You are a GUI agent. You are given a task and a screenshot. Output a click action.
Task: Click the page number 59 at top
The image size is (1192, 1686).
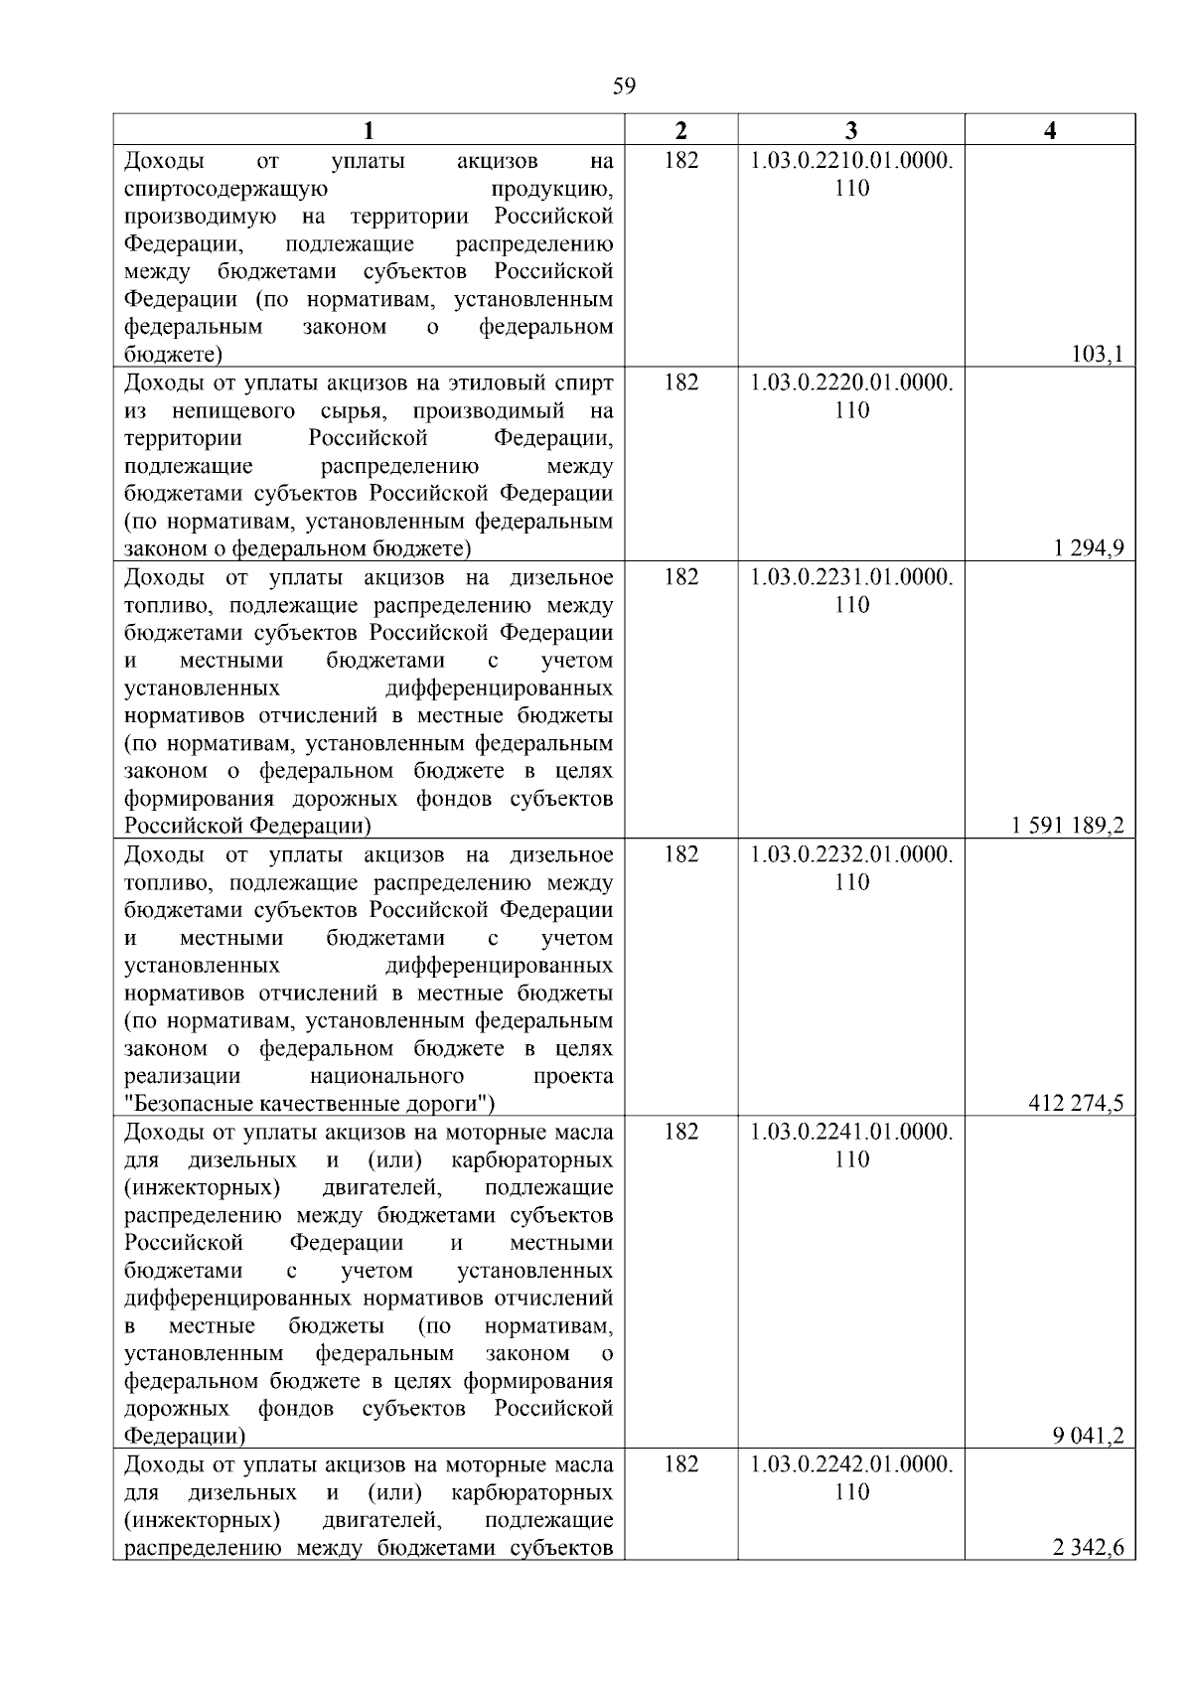tap(624, 86)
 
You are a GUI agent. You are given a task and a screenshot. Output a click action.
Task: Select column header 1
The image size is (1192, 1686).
tap(369, 130)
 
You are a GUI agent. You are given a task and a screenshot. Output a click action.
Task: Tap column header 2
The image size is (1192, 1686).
tap(680, 130)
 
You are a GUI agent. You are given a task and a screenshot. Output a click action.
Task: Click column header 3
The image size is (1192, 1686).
tap(851, 130)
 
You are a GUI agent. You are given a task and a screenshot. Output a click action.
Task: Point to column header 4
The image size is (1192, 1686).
tap(1050, 130)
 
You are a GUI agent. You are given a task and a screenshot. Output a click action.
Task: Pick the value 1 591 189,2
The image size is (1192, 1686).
tap(1068, 826)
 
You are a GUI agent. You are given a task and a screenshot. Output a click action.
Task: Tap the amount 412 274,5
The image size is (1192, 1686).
tap(1077, 1103)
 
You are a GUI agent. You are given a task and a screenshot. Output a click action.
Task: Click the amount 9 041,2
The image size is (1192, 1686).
tap(1089, 1436)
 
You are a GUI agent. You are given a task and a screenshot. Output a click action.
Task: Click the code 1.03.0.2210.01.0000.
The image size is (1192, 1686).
tap(851, 161)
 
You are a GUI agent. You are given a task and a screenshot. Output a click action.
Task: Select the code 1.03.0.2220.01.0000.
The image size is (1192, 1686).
tap(851, 383)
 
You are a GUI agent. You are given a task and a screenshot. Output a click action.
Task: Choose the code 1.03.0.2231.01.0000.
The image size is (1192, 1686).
tap(851, 577)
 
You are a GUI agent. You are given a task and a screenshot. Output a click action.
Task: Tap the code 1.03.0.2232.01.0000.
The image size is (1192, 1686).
tap(851, 854)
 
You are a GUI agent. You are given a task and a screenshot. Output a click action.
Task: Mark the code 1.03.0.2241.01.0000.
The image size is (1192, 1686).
tap(851, 1132)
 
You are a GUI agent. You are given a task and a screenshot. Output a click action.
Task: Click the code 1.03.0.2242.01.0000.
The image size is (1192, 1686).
tap(851, 1464)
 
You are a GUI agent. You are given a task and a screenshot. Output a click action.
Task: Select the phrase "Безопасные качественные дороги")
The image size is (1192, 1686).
tap(310, 1104)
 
